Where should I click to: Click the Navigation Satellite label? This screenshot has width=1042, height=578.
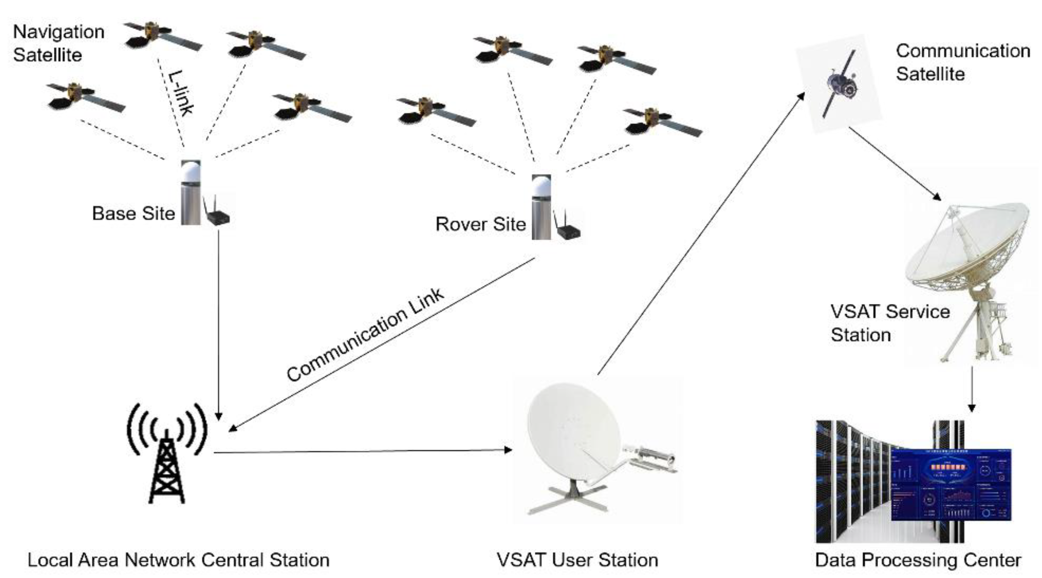click(x=59, y=43)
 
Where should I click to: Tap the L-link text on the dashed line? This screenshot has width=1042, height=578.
click(x=181, y=93)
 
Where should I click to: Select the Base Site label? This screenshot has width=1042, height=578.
click(x=133, y=213)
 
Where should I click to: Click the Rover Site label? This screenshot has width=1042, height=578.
click(x=481, y=224)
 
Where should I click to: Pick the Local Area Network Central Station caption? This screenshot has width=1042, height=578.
click(x=178, y=560)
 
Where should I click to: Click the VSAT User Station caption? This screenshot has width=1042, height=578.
click(x=577, y=560)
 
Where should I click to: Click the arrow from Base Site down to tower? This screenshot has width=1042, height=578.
click(x=219, y=324)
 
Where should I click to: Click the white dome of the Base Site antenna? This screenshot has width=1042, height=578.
click(x=191, y=172)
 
